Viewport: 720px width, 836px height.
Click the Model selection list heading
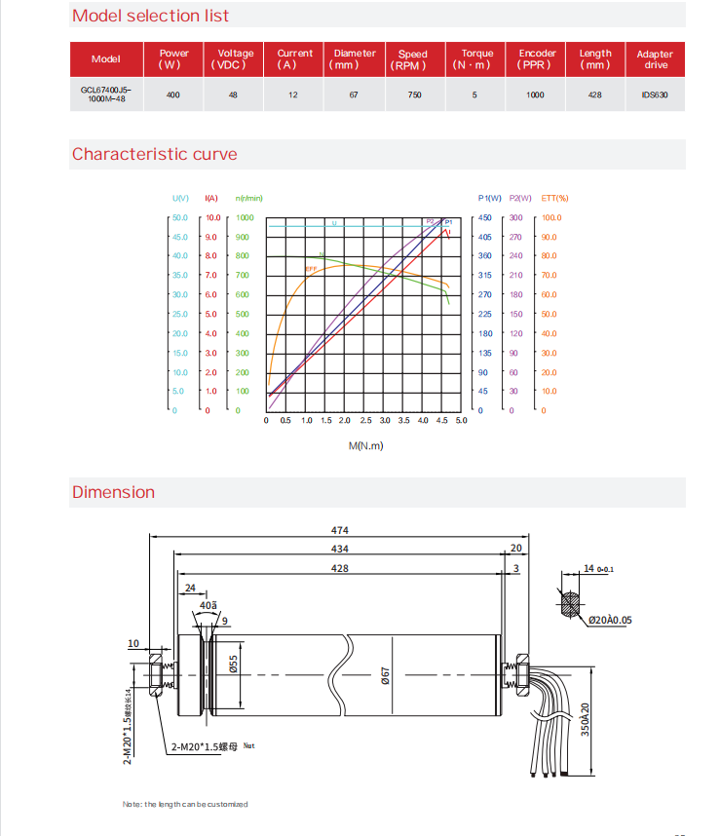click(151, 16)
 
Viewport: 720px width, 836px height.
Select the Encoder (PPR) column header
click(537, 58)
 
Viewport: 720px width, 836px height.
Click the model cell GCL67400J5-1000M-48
click(105, 95)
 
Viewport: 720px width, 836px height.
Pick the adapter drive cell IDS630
click(654, 95)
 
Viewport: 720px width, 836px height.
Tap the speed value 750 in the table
click(414, 95)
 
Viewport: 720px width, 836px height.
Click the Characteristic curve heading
click(154, 154)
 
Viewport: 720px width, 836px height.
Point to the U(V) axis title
click(180, 199)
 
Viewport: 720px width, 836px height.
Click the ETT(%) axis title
click(554, 199)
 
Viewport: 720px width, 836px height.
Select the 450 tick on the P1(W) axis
click(484, 218)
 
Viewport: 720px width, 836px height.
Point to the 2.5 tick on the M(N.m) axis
click(365, 420)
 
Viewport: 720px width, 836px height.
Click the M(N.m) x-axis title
click(366, 446)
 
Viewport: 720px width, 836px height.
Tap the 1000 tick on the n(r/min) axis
click(243, 218)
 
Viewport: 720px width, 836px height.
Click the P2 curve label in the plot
click(430, 221)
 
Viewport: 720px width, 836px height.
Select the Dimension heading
click(113, 492)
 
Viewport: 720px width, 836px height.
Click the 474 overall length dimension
click(339, 531)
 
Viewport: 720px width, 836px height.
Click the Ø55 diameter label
click(234, 665)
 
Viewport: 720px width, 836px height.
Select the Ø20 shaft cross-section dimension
click(610, 620)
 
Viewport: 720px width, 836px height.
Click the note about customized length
click(185, 804)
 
